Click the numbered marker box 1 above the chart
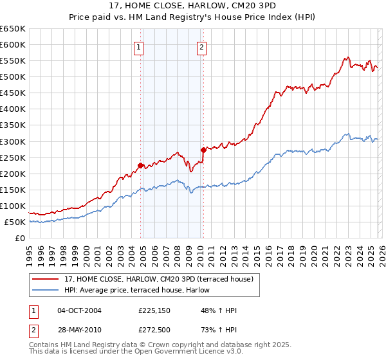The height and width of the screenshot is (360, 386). click(139, 46)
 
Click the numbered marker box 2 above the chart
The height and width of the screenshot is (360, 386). click(201, 46)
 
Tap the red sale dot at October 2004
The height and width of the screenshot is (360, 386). click(140, 165)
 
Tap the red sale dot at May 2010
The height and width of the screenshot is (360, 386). click(203, 150)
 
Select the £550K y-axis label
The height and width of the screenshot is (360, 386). click(12, 61)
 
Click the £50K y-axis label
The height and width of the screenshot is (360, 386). click(15, 222)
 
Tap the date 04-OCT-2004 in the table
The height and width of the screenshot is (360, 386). click(79, 310)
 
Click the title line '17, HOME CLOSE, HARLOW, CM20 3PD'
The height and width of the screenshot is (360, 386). click(193, 7)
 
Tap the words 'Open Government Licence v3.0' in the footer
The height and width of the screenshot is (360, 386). click(187, 353)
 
